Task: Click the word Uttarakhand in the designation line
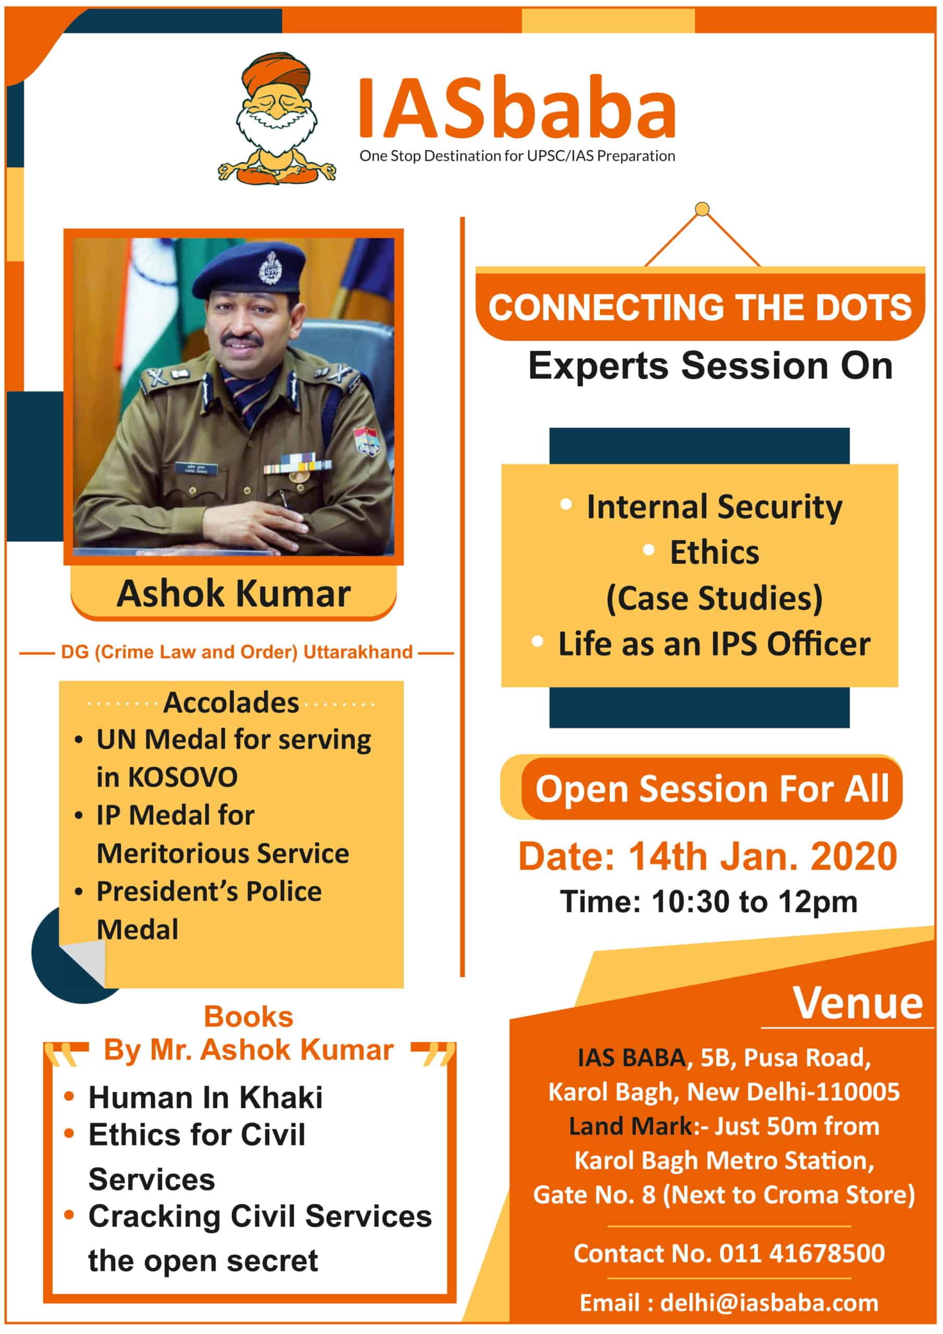(x=358, y=652)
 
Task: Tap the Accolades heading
(x=231, y=702)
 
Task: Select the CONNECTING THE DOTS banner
(x=700, y=306)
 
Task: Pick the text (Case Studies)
(x=714, y=598)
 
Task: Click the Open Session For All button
(x=711, y=788)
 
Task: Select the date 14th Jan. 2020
(x=763, y=856)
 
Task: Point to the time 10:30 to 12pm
(x=754, y=901)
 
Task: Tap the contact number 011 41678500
(x=802, y=1253)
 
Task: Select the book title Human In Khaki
(x=205, y=1097)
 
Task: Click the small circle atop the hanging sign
(x=702, y=208)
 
